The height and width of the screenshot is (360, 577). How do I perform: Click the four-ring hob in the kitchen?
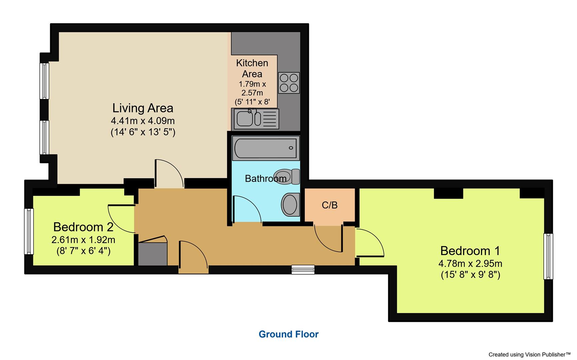coord(289,83)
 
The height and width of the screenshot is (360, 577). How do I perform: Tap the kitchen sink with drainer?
coord(256,119)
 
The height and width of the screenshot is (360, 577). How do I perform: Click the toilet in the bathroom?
coord(287,177)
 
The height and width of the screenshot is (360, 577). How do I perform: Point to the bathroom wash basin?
coord(290,204)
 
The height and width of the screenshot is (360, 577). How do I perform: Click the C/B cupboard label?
coord(329,205)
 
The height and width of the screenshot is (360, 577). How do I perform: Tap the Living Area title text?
coord(143,108)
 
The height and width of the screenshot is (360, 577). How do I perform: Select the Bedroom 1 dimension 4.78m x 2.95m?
coord(470,264)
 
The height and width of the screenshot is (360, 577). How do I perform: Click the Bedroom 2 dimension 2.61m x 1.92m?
coord(83,240)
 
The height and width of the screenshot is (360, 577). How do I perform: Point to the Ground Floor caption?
coord(288,334)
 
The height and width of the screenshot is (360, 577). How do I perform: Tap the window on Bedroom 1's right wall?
coord(548,256)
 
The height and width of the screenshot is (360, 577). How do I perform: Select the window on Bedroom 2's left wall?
coord(29,231)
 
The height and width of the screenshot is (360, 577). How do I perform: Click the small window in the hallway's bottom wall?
coord(303,269)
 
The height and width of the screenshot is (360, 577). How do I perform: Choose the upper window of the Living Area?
coord(44,81)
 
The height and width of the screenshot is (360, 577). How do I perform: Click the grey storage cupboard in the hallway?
coord(153,254)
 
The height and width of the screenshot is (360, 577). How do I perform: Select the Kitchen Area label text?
coord(252,68)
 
